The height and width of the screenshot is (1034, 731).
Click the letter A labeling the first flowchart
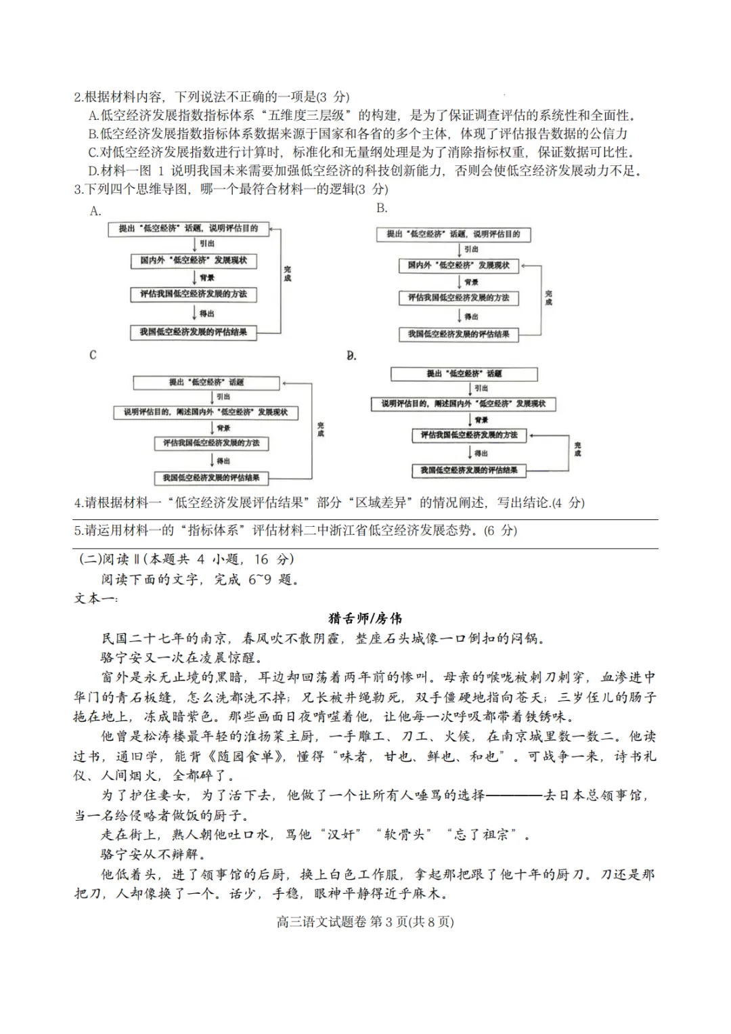pyautogui.click(x=95, y=211)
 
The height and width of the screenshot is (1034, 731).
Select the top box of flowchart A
pyautogui.click(x=188, y=229)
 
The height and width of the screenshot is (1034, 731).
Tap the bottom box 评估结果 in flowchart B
pyautogui.click(x=458, y=335)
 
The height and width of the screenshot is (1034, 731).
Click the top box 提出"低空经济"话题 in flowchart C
pyautogui.click(x=206, y=383)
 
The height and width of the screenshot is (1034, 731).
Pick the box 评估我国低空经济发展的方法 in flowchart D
pyautogui.click(x=468, y=435)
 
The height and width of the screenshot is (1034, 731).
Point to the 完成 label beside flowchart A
pyautogui.click(x=288, y=274)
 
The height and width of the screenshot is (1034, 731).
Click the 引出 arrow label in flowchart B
pyautogui.click(x=471, y=249)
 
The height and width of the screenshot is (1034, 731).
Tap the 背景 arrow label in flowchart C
pyautogui.click(x=223, y=428)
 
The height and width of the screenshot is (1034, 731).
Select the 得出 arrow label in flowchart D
pyautogui.click(x=481, y=453)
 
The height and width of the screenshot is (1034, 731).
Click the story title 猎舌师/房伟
pyautogui.click(x=365, y=618)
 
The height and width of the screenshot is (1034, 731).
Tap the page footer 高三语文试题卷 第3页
pyautogui.click(x=365, y=922)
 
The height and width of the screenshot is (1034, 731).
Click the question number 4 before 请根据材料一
pyautogui.click(x=79, y=502)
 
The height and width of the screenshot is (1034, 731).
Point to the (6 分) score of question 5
pyautogui.click(x=500, y=530)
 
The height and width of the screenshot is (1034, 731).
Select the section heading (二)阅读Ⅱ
pyautogui.click(x=108, y=559)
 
